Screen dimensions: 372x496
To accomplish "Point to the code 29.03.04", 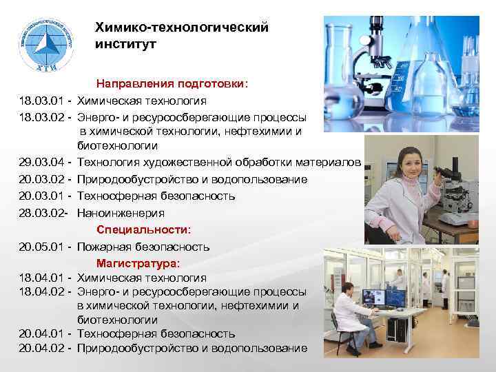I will [x=43, y=163].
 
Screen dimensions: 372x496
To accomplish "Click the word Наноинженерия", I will [x=121, y=213].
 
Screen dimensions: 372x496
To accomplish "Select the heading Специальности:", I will [x=144, y=229].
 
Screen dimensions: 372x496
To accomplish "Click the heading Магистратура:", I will [x=138, y=262].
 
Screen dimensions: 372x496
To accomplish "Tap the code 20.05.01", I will [x=43, y=247].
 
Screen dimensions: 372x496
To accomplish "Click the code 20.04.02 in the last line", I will [x=43, y=348].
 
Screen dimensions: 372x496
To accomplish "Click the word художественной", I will [x=185, y=163].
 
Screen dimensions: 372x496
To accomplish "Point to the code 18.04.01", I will [x=43, y=278].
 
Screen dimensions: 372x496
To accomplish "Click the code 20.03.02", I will [x=43, y=179].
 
